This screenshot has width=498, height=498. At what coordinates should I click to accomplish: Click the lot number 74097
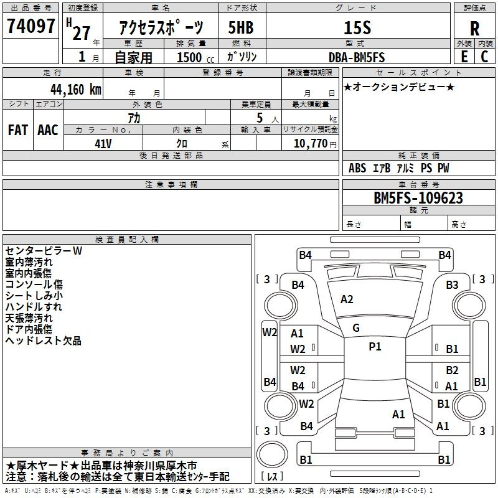31,26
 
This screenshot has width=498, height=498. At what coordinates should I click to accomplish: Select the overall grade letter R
474,29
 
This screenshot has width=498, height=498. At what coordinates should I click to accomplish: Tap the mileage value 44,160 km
76,90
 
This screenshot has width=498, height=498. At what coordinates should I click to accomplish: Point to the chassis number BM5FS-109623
418,198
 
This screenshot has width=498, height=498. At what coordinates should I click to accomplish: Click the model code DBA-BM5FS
357,57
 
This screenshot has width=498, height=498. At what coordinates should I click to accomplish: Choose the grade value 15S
357,27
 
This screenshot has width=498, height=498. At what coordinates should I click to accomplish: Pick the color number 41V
103,144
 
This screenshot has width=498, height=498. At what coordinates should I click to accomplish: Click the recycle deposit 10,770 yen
315,144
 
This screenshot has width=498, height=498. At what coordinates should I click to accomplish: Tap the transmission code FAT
18,130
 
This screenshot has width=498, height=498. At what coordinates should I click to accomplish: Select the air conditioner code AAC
48,130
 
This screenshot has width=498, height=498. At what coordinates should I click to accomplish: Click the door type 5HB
241,27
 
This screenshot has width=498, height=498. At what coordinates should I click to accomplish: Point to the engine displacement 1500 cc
195,57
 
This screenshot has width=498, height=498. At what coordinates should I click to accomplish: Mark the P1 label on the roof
375,347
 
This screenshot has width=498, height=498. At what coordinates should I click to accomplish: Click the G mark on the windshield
356,328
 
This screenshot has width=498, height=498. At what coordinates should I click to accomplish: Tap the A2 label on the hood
347,299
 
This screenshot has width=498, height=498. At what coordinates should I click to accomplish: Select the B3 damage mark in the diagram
452,285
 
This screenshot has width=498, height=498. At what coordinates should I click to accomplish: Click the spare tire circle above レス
272,454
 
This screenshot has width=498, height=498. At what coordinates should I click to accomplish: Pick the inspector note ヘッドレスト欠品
44,341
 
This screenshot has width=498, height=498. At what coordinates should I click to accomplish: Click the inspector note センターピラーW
44,251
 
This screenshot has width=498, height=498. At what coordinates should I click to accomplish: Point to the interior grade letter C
484,57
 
